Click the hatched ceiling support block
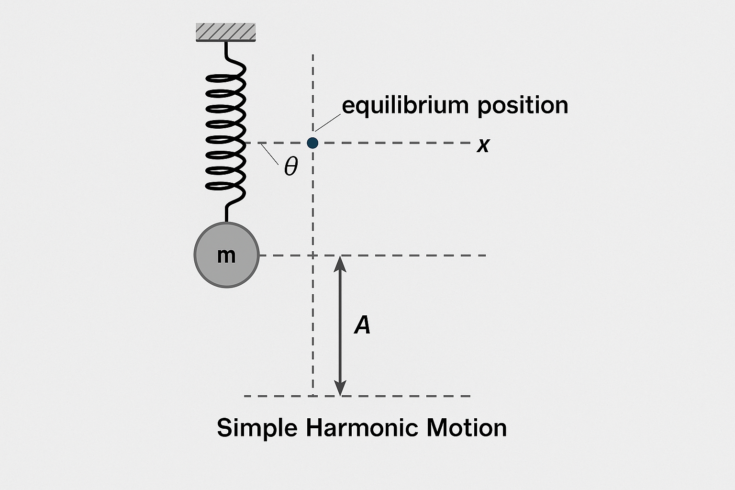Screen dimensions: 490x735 [226, 32]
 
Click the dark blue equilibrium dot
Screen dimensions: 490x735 [312, 143]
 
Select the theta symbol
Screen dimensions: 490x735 [291, 167]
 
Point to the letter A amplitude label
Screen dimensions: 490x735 [362, 325]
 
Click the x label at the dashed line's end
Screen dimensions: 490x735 [483, 145]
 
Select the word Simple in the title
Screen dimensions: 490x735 [257, 427]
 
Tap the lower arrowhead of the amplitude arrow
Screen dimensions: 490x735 [340, 388]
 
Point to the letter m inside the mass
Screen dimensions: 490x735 [226, 256]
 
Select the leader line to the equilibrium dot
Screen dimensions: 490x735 [328, 122]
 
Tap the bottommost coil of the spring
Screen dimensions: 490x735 [225, 186]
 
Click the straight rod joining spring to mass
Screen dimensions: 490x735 [226, 213]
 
